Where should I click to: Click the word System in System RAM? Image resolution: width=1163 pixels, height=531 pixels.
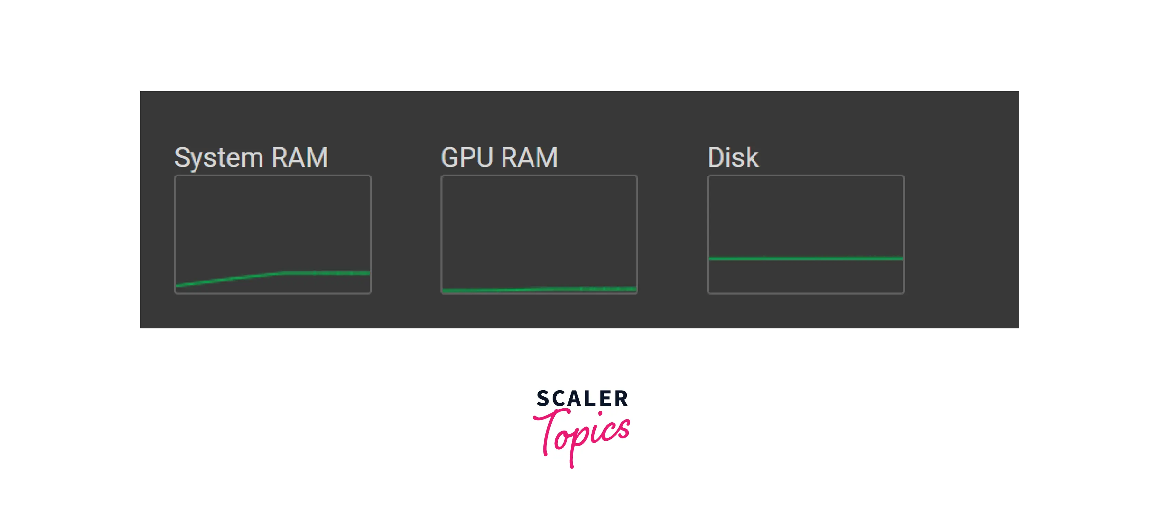coord(219,158)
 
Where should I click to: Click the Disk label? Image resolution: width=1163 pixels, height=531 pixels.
coord(733,158)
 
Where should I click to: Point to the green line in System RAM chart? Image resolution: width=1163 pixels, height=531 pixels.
coord(325,273)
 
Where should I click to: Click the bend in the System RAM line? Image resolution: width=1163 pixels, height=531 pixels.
coord(285,272)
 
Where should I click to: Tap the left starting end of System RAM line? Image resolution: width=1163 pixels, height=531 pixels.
coord(178,285)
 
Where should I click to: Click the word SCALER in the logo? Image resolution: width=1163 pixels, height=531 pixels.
coord(582,399)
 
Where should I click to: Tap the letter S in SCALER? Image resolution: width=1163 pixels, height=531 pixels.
coord(543,399)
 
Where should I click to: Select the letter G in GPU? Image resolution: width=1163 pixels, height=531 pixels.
coord(451,158)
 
